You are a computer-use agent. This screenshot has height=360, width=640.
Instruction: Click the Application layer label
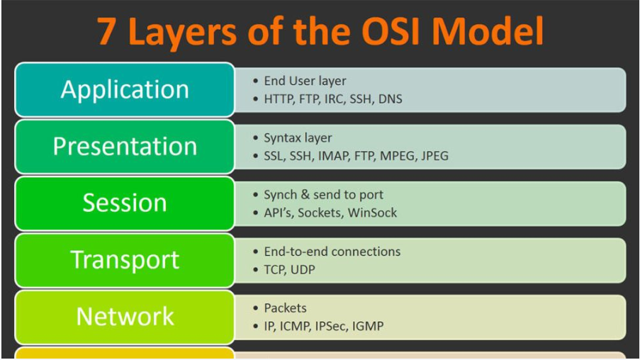pyautogui.click(x=125, y=89)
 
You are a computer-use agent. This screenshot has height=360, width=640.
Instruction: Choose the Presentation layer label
pyautogui.click(x=125, y=146)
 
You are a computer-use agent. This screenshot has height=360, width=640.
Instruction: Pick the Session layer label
pyautogui.click(x=125, y=203)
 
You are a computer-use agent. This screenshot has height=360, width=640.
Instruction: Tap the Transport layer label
pyautogui.click(x=125, y=259)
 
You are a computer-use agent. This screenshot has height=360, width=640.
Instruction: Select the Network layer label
pyautogui.click(x=125, y=316)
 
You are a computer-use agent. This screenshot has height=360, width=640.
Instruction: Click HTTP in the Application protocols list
pyautogui.click(x=278, y=99)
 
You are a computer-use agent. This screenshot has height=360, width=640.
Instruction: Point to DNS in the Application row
pyautogui.click(x=390, y=99)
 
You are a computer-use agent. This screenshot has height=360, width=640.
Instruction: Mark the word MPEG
pyautogui.click(x=393, y=156)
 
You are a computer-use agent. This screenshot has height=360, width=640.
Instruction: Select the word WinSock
pyautogui.click(x=372, y=213)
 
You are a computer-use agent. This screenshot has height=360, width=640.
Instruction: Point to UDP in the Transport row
pyautogui.click(x=303, y=269)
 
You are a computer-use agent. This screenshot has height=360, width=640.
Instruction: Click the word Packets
pyautogui.click(x=285, y=308)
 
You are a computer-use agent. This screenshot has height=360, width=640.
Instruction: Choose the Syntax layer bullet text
pyautogui.click(x=298, y=138)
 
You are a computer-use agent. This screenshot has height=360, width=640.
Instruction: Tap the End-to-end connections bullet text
pyautogui.click(x=332, y=251)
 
